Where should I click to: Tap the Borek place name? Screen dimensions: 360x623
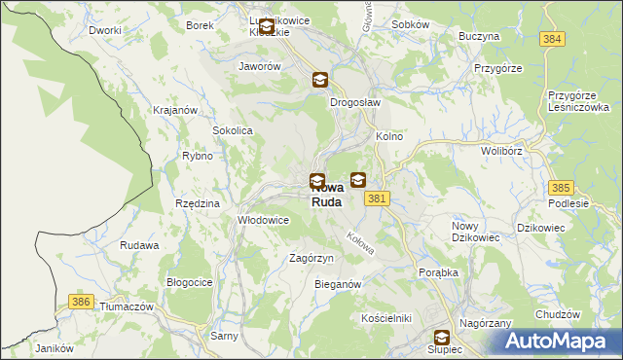click(x=200, y=25)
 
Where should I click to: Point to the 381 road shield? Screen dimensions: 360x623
click(x=379, y=198)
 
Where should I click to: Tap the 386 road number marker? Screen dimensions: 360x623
click(x=82, y=303)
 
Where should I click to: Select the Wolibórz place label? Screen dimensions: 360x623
click(x=503, y=152)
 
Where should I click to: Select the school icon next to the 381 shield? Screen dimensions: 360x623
click(x=358, y=180)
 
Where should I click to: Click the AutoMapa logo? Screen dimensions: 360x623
click(x=559, y=342)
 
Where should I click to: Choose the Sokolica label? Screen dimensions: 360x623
click(x=233, y=129)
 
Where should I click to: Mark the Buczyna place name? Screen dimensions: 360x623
click(x=479, y=36)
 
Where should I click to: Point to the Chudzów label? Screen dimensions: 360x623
click(x=558, y=315)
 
